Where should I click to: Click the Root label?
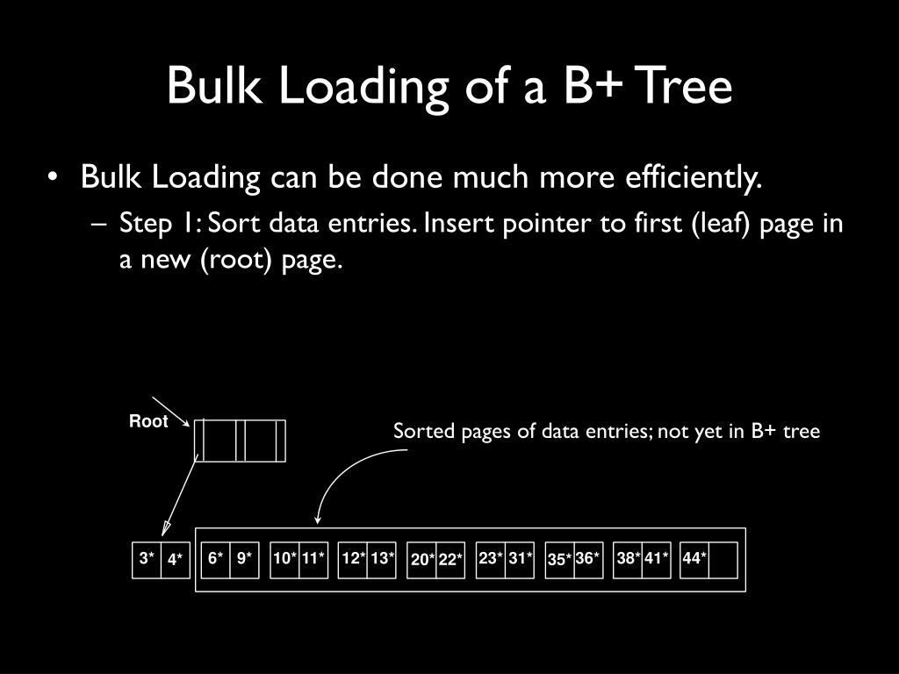148,422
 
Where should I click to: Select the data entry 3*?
147,558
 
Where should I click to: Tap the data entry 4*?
175,559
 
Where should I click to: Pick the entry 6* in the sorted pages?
215,558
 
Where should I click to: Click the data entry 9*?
244,558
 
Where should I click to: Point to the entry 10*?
284,558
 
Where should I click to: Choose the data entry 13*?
381,558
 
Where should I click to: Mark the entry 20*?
422,560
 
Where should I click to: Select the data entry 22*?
450,560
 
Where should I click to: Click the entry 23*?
490,558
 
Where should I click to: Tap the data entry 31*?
520,558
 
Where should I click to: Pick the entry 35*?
559,560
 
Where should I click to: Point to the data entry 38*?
628,558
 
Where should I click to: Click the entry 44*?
694,558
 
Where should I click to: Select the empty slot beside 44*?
723,560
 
